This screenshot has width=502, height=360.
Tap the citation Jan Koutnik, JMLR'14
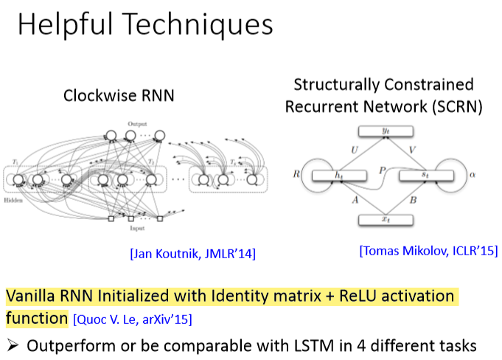pos(192,255)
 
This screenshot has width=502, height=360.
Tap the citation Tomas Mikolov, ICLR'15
pos(428,251)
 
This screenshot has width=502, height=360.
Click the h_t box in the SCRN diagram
pos(339,176)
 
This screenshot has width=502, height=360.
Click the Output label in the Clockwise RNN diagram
pos(137,123)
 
